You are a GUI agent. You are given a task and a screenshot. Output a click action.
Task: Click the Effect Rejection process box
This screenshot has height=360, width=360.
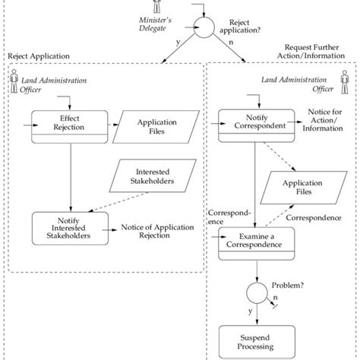click(x=70, y=124)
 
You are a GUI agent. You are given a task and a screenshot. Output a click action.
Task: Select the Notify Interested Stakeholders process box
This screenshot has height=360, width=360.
click(x=70, y=226)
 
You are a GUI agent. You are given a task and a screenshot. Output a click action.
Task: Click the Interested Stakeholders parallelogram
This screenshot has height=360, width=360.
click(x=153, y=176)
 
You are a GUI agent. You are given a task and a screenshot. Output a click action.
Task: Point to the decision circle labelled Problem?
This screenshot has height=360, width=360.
click(x=256, y=292)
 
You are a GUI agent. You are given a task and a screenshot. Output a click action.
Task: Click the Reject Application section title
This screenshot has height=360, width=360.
click(x=38, y=56)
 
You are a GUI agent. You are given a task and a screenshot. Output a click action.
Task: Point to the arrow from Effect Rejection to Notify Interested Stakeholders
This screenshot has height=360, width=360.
click(x=70, y=175)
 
